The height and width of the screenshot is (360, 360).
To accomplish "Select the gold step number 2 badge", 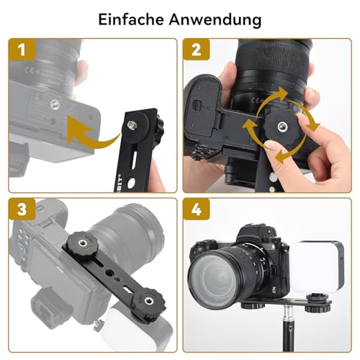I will tap(196, 52).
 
